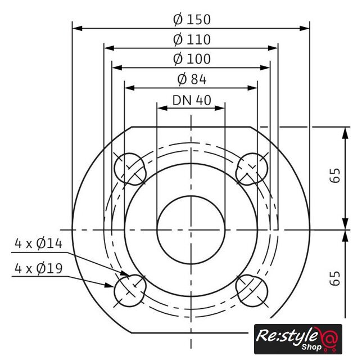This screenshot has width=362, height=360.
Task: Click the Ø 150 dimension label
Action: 192,20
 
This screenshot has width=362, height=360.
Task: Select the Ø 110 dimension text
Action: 192,39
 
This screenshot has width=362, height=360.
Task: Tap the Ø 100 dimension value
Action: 192,59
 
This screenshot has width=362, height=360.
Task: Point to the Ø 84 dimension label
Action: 192,79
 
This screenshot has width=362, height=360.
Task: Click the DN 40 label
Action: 192,100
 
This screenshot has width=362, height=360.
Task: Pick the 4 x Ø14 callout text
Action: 39,244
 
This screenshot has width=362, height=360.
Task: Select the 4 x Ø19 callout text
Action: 39,268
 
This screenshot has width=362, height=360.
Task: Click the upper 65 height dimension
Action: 335,175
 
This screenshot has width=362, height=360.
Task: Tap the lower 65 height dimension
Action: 335,278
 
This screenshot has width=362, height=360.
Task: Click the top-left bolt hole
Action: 130,169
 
